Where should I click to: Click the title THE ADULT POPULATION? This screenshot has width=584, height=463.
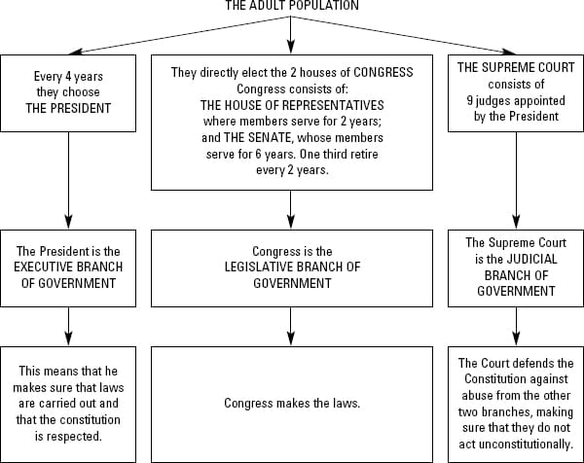[x=291, y=7]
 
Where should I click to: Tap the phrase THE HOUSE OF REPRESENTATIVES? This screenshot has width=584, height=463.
[x=291, y=104]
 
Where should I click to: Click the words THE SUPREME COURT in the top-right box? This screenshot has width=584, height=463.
[x=515, y=68]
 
